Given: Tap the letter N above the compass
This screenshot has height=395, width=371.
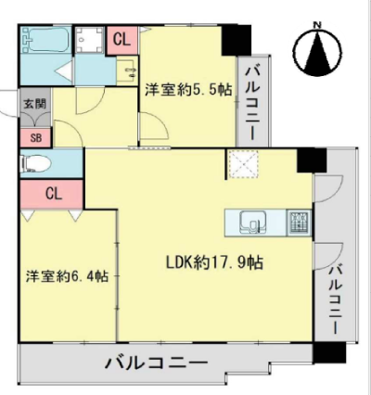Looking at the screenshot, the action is (x=317, y=25).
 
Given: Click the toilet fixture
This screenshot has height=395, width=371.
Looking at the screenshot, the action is (x=35, y=163).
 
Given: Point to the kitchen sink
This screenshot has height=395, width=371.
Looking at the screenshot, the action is (x=251, y=223).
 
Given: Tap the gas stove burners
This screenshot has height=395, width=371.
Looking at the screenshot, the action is (x=299, y=223).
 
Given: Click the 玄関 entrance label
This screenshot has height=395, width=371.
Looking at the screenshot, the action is (x=35, y=104).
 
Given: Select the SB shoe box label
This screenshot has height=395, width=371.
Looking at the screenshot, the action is (x=36, y=138).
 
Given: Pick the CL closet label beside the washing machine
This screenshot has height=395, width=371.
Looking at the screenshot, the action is (x=122, y=40).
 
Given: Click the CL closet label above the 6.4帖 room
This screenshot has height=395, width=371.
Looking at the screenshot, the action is (x=54, y=194).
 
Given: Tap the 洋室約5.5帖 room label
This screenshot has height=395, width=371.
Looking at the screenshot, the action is (x=188, y=90).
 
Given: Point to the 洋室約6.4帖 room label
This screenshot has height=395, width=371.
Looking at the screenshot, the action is (x=67, y=276).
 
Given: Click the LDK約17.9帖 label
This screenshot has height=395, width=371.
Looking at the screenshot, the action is (x=215, y=262).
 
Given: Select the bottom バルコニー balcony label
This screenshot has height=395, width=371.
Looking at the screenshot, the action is (x=156, y=362).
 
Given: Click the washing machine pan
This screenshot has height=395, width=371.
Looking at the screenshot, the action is (x=89, y=40).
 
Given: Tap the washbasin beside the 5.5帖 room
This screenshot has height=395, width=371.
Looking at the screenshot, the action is (x=128, y=70).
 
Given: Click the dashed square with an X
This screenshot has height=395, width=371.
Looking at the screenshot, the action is (x=243, y=164).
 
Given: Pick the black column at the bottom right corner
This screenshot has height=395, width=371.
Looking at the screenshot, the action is (x=328, y=353).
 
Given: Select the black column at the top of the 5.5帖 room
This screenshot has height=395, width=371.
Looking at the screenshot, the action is (x=237, y=40).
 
